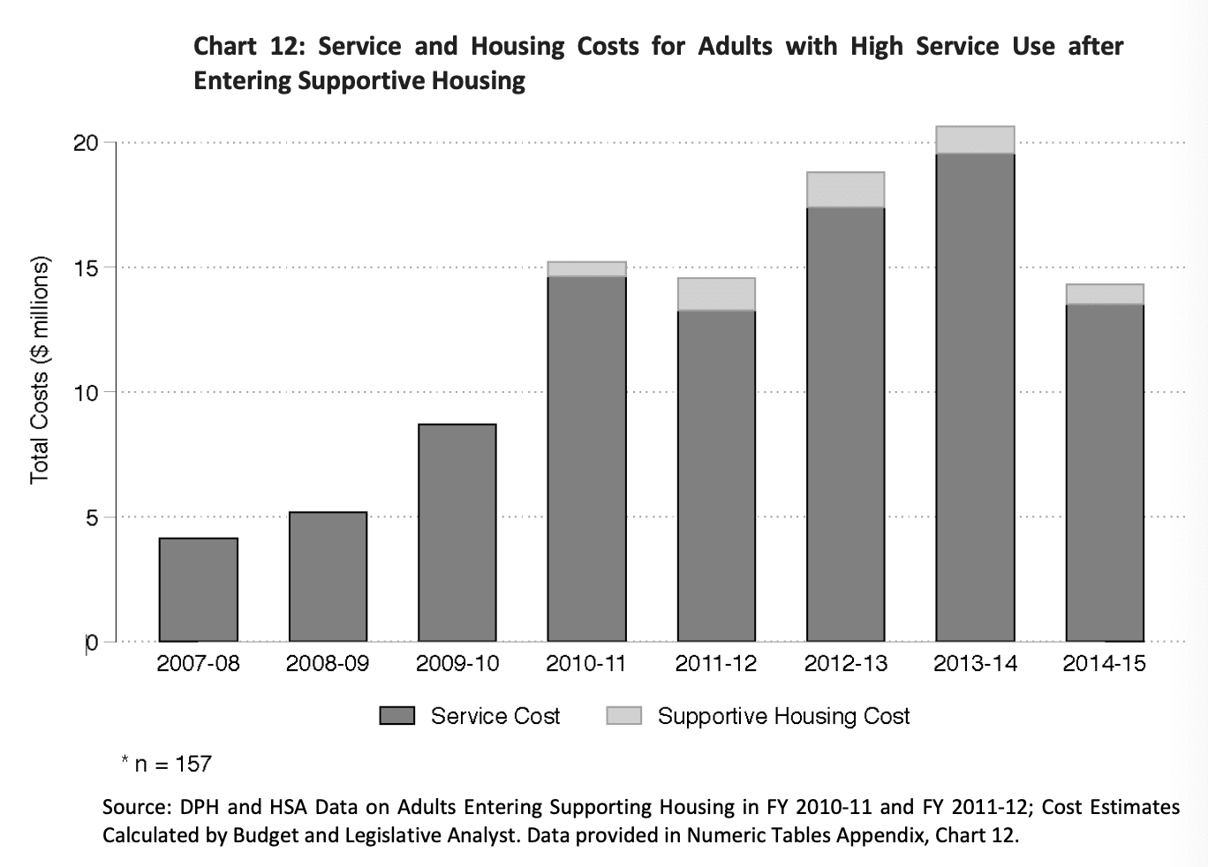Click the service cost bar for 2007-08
(x=198, y=590)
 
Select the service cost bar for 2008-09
(x=328, y=577)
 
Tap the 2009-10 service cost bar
(x=457, y=533)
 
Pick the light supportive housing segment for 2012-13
(x=845, y=190)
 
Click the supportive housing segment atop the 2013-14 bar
(x=975, y=140)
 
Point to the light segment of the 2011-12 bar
(x=716, y=294)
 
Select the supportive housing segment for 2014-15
(x=1105, y=294)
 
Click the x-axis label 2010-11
(x=586, y=664)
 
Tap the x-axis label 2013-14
(x=975, y=664)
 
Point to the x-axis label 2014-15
(x=1104, y=664)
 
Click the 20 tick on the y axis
(x=86, y=143)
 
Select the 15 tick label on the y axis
(x=86, y=268)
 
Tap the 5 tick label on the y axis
(x=92, y=517)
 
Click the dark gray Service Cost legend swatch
(x=396, y=716)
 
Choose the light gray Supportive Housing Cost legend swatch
(x=623, y=716)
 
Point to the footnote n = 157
(x=172, y=764)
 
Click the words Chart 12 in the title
(x=248, y=46)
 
